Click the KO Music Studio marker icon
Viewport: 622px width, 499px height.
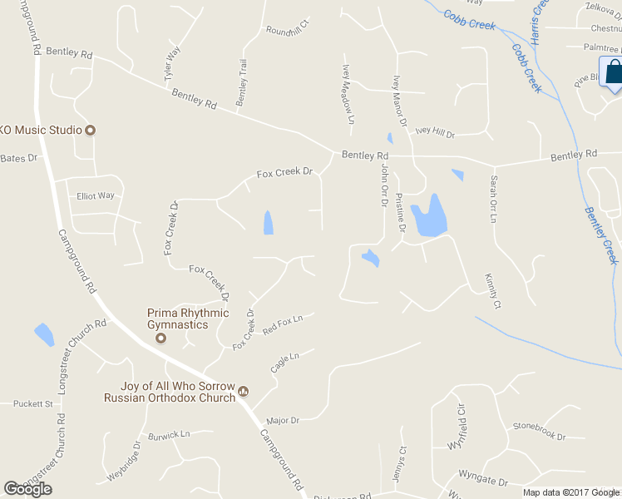coord(91,130)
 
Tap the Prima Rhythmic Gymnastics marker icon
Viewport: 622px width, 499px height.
coord(161,338)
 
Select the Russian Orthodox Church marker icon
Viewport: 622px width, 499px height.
coord(244,390)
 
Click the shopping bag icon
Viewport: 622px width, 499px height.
coord(614,74)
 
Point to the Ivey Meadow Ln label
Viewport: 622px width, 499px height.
coord(348,96)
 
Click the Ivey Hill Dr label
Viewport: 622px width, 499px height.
coord(435,131)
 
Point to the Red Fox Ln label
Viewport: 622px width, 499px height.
coord(283,324)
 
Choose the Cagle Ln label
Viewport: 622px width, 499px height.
coord(284,362)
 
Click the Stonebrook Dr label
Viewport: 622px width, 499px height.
coord(539,431)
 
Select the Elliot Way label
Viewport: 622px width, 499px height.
coord(96,196)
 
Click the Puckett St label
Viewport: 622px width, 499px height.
coord(33,404)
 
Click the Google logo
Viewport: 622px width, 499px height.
coord(28,488)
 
